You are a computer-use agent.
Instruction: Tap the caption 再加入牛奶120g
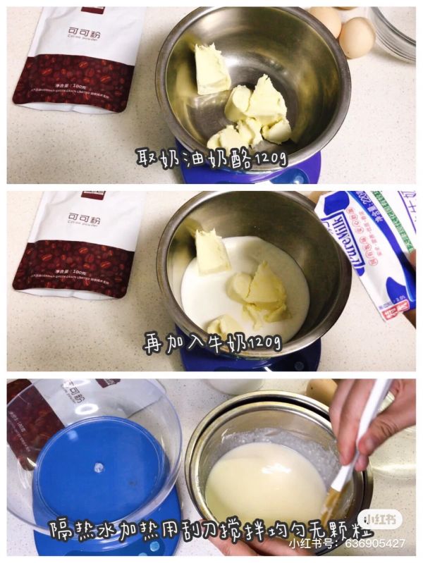point(212,343)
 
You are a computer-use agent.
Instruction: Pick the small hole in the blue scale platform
point(99,467)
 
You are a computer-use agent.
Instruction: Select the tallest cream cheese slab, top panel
point(211,68)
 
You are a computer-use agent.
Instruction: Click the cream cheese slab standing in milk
point(212,251)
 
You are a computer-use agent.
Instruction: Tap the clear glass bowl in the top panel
point(395,32)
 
